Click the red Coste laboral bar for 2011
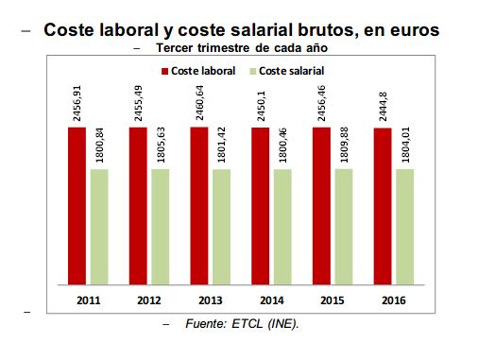point(77,205)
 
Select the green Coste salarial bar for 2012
point(160,226)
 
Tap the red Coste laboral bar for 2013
point(199,205)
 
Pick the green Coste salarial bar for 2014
point(282,226)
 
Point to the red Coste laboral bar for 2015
point(322,205)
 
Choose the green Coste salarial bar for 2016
point(404,226)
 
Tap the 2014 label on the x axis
point(272,300)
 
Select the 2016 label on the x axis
point(394,300)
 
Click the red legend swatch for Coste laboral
point(165,71)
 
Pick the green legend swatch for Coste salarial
point(250,71)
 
